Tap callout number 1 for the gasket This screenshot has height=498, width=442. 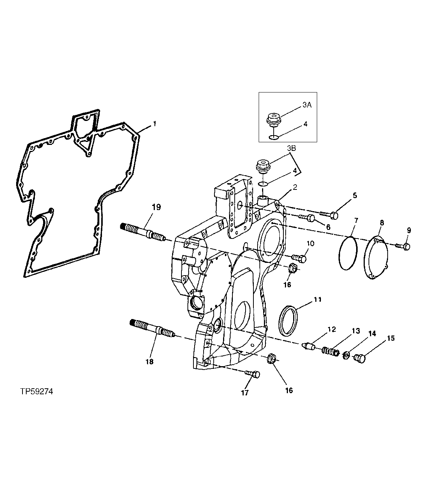(154, 123)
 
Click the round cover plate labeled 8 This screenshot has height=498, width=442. (375, 258)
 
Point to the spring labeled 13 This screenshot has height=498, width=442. (330, 352)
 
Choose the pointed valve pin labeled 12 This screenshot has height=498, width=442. (310, 345)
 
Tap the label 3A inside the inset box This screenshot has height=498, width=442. (307, 106)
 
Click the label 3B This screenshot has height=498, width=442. (291, 148)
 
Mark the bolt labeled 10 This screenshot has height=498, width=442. (300, 258)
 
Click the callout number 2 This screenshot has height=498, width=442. (295, 187)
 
